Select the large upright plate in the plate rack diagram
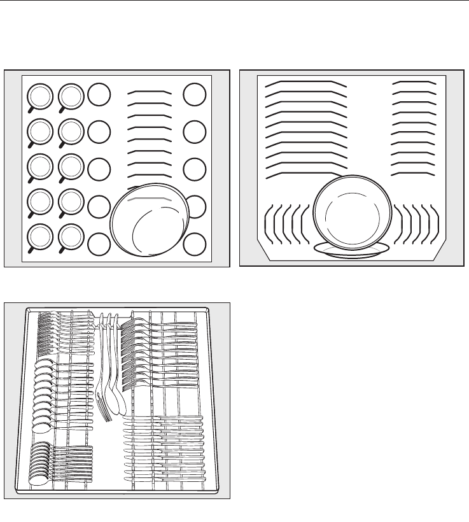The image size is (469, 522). (353, 213)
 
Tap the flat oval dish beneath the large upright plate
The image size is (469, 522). (353, 250)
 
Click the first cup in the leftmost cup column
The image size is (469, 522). (39, 96)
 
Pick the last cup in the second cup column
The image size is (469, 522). (69, 237)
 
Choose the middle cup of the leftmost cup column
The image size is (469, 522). (39, 167)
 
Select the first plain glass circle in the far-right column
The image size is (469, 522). (195, 95)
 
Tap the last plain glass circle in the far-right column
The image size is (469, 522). (195, 244)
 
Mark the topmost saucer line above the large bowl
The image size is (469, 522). (150, 92)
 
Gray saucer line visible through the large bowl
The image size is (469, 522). (151, 199)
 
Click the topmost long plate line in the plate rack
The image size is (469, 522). (305, 83)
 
